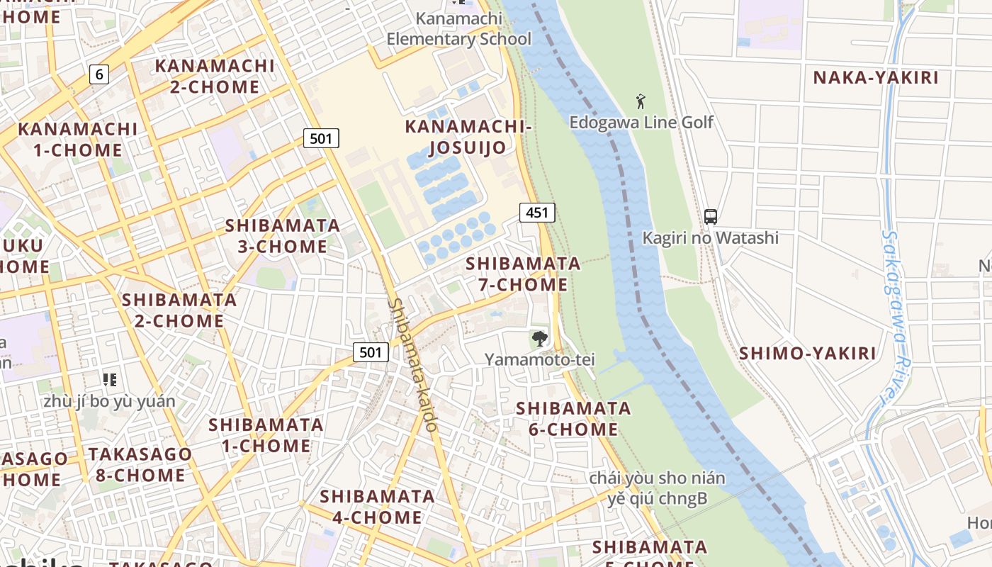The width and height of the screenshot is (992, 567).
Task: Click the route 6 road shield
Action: pos(99,74)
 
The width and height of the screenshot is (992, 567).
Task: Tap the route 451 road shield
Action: pos(537,212)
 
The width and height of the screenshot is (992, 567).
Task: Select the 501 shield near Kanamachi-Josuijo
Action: pos(321,138)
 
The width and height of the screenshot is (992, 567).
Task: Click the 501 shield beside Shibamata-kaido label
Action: pos(371,352)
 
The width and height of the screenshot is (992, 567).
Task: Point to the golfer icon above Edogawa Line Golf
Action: pos(641,101)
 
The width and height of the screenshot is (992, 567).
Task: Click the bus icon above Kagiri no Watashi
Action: pos(711,217)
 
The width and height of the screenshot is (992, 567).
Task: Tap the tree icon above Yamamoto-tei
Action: pos(540,339)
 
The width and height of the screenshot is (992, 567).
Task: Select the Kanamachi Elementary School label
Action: pos(458,29)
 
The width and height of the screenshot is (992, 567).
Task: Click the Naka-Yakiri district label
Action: pos(875,77)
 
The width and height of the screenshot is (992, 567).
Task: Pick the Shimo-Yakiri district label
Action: pos(808,353)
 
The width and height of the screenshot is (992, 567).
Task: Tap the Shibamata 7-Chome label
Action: pos(523,274)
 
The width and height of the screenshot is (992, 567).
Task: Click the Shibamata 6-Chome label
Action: pos(573,419)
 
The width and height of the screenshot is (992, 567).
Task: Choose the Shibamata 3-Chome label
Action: pos(282,236)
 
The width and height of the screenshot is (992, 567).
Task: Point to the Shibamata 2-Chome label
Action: pos(179,310)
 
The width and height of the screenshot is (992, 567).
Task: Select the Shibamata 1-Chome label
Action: pos(266,435)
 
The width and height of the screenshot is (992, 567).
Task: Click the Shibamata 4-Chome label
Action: pos(377,507)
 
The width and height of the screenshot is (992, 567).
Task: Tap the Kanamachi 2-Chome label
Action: pos(215,77)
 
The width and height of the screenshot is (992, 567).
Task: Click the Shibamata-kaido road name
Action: pos(412,364)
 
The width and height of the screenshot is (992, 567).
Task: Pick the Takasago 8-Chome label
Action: pos(140,464)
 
